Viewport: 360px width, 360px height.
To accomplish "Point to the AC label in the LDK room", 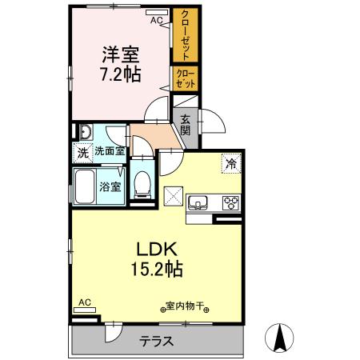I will [x=85, y=302].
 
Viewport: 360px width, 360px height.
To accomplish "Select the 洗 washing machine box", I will [x=82, y=151].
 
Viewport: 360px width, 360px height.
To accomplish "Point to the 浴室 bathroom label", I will [x=110, y=187].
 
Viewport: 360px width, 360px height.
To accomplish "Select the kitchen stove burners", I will [x=231, y=202].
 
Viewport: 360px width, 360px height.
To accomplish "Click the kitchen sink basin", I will [x=197, y=202].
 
